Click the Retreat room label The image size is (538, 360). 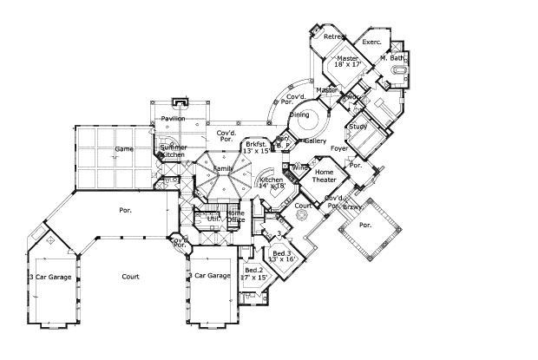tap(334, 36)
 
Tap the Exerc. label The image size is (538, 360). tap(372, 42)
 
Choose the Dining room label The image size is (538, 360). tap(299, 114)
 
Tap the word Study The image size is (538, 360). tap(358, 127)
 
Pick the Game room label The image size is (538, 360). tap(124, 149)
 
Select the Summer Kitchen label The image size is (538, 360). tap(172, 151)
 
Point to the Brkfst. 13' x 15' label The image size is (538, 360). tap(258, 147)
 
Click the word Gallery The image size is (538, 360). tap(314, 140)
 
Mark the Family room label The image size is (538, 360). tap(224, 167)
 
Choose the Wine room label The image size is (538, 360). tap(300, 167)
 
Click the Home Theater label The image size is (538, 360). tap(330, 177)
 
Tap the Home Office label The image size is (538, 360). tap(235, 217)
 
